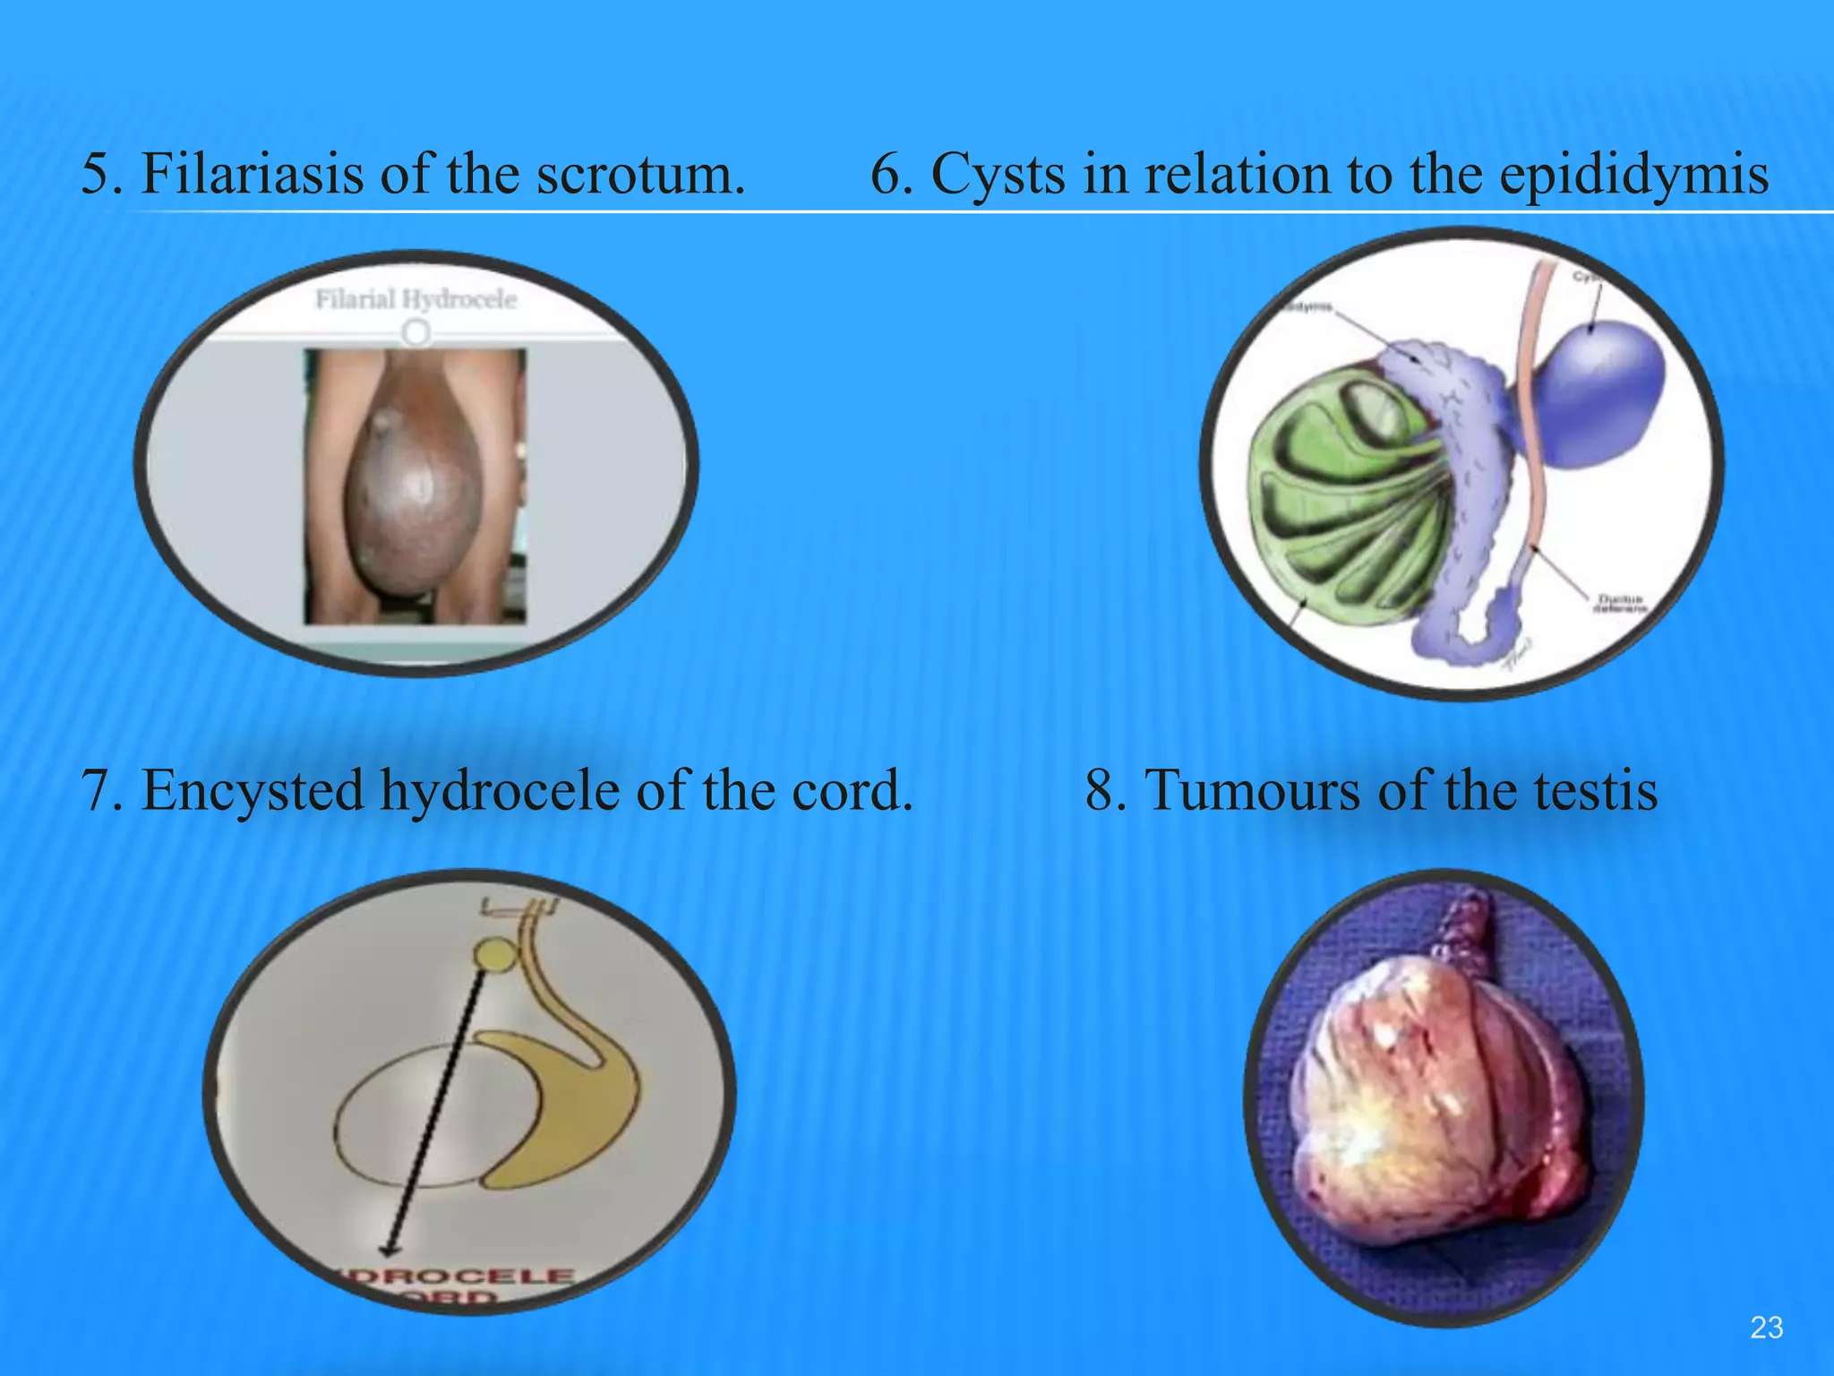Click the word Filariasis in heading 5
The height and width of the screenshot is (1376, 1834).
click(253, 173)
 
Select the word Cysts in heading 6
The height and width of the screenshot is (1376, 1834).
click(998, 173)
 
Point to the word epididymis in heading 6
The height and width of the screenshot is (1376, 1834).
click(1633, 173)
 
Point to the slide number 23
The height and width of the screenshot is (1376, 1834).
click(1766, 1328)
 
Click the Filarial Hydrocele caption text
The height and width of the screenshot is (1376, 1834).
click(416, 299)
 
